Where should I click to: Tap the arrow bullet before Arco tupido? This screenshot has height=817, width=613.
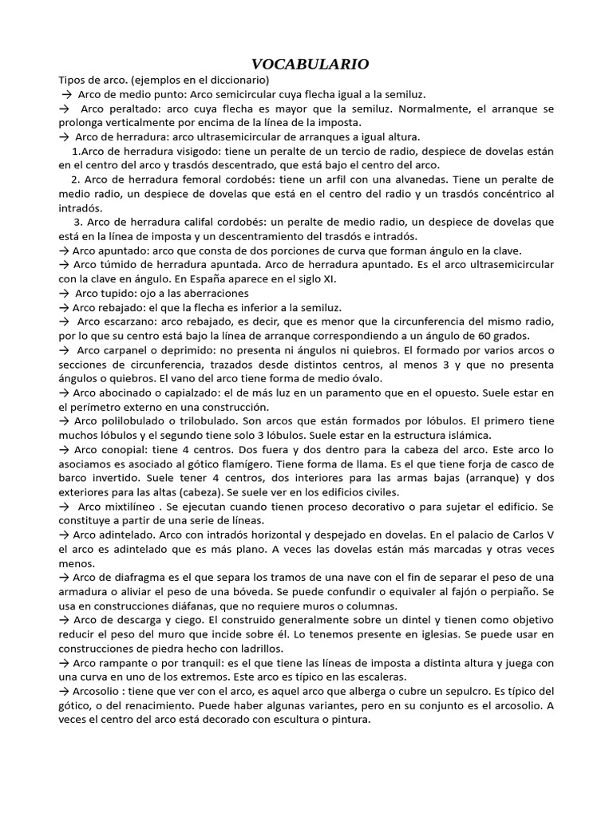(64, 294)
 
